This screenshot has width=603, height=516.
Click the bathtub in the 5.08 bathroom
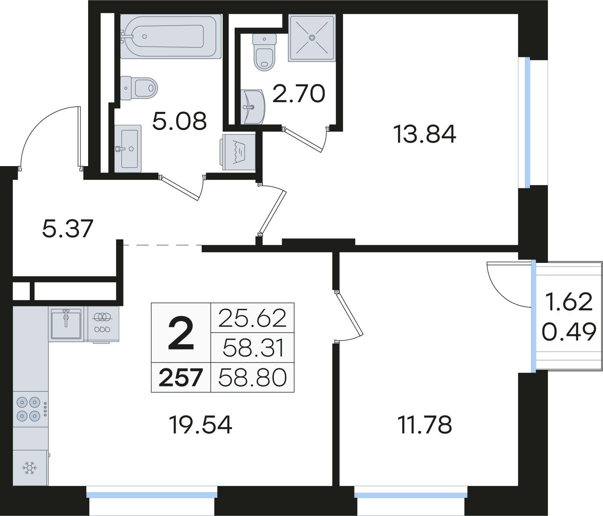(x=171, y=37)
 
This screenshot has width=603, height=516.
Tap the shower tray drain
(x=312, y=38)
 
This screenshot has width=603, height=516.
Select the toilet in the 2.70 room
(x=264, y=53)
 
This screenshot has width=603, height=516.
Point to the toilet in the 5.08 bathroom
(x=139, y=88)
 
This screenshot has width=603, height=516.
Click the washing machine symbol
(x=239, y=152)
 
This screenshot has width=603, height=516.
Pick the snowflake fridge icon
(x=29, y=468)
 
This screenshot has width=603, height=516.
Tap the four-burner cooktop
(x=29, y=409)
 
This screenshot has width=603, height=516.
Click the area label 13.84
(x=424, y=134)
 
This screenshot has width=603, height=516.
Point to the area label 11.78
(x=424, y=424)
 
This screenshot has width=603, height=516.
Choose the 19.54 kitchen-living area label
(x=200, y=424)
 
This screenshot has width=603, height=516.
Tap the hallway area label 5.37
(x=67, y=229)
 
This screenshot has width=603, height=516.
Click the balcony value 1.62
(x=569, y=302)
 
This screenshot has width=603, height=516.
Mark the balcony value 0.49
(x=569, y=331)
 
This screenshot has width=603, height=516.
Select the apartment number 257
(x=181, y=377)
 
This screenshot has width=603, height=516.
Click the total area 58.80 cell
(x=252, y=377)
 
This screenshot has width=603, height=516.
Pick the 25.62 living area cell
(x=252, y=318)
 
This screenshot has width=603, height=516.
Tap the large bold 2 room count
(x=181, y=333)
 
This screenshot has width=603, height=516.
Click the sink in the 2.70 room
(x=253, y=107)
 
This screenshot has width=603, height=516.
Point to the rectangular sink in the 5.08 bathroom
(x=128, y=149)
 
